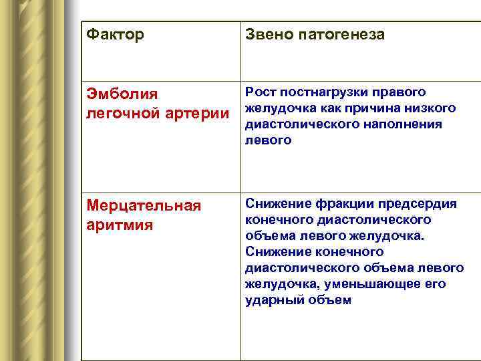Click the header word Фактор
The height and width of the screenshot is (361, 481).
[x=115, y=34]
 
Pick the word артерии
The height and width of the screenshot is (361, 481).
[x=198, y=114]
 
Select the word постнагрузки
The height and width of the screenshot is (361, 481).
[x=318, y=92]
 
